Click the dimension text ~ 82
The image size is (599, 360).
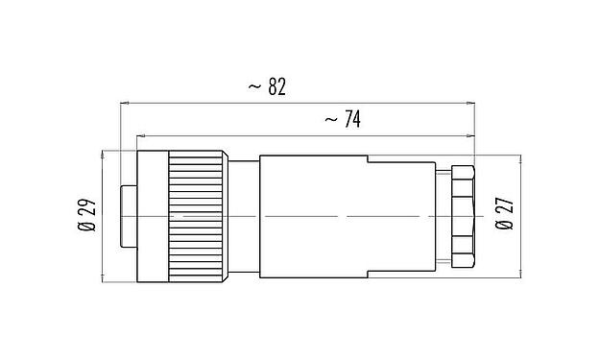[x=266, y=87]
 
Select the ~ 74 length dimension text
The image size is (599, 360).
[x=343, y=120]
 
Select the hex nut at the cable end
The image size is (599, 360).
[x=462, y=216]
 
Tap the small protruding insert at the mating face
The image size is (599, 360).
[x=126, y=216]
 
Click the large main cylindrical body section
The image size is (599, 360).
[x=312, y=216]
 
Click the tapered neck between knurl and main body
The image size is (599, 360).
[x=244, y=216]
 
